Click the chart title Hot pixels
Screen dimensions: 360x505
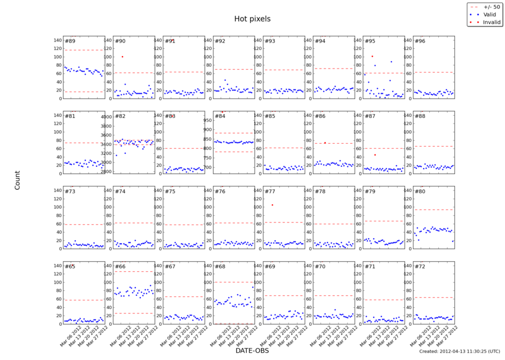252,19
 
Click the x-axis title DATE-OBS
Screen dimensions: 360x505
252,350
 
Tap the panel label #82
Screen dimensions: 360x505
120,116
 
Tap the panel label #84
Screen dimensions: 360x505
219,116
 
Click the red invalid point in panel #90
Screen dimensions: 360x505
122,57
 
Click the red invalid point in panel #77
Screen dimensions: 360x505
272,205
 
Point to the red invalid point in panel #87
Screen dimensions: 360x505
375,155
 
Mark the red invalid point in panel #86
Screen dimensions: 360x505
325,143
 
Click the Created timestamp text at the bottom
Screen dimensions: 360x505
459,351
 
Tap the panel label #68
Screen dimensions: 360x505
219,266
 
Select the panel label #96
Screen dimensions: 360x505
419,41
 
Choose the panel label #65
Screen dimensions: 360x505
70,266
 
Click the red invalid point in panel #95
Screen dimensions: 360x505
372,56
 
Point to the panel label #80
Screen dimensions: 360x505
419,192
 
